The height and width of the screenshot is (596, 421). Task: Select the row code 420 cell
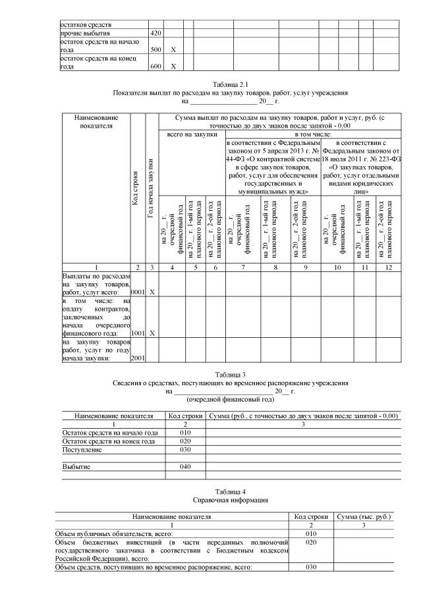[155, 32]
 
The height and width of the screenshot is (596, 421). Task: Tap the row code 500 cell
[155, 49]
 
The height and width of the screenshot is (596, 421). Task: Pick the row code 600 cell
[155, 67]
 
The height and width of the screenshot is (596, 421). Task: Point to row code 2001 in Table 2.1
[138, 358]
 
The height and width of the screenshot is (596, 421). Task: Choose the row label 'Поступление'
[82, 450]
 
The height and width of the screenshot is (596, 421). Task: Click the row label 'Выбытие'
[76, 467]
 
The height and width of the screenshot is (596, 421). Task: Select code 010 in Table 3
[185, 433]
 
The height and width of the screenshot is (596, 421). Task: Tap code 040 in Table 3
[185, 467]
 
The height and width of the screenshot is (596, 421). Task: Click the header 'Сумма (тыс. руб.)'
[363, 518]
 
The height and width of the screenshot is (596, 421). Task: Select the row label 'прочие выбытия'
[86, 32]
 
